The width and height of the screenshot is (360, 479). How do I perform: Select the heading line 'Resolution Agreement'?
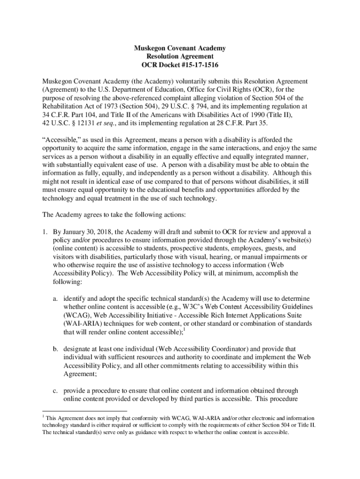click(x=180, y=56)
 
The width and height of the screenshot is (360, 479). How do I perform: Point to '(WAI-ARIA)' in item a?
click(x=82, y=324)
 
